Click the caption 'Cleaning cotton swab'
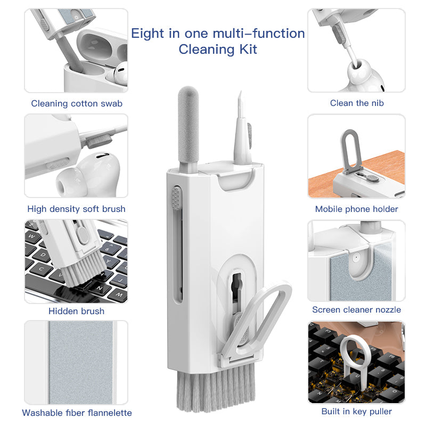click(x=77, y=103)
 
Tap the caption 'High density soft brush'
click(x=76, y=209)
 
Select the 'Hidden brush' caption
click(x=76, y=311)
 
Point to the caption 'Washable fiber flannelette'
click(x=77, y=413)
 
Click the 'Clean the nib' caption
click(x=356, y=103)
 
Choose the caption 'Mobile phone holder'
click(x=356, y=209)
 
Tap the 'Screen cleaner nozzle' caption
click(x=356, y=309)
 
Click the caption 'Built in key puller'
click(x=356, y=411)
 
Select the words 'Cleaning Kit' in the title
click(x=218, y=50)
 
